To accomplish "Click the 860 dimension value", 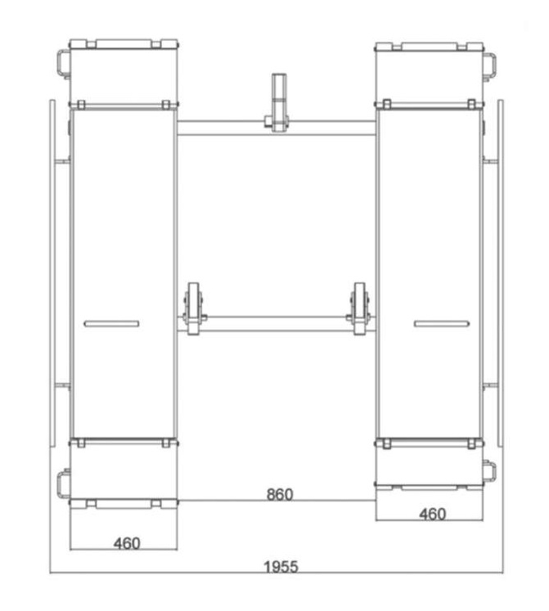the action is pos(280,495).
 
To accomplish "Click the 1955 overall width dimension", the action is pos(281,567).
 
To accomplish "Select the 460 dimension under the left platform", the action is pos(127,543).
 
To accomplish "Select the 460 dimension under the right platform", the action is pos(432,514).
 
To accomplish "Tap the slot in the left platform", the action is pos(111,323).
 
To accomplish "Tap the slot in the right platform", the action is pos(441,323).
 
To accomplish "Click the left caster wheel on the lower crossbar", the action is pos(193,308).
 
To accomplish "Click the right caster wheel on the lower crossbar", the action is pos(359,308).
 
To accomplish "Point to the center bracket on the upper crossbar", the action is pos(278,102).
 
